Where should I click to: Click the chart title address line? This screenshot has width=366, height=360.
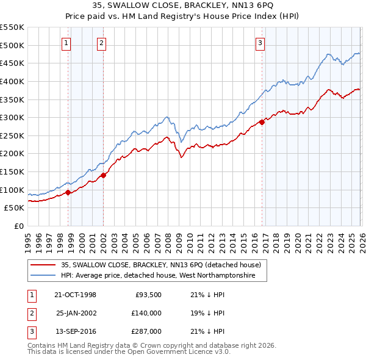point(183,5)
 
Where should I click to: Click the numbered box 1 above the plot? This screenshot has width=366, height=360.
point(66,43)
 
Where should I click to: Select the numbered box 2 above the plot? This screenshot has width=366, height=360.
point(101,43)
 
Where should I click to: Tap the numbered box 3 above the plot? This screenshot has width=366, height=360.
point(260,43)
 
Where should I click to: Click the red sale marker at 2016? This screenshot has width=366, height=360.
point(262,122)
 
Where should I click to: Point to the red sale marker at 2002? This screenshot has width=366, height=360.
point(103,175)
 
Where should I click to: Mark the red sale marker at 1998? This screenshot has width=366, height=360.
point(68,192)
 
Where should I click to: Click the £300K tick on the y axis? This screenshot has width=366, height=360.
point(12,117)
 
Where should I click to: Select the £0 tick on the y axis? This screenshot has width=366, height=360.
point(19,226)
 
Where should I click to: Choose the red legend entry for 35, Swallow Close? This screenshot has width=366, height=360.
point(161,265)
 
